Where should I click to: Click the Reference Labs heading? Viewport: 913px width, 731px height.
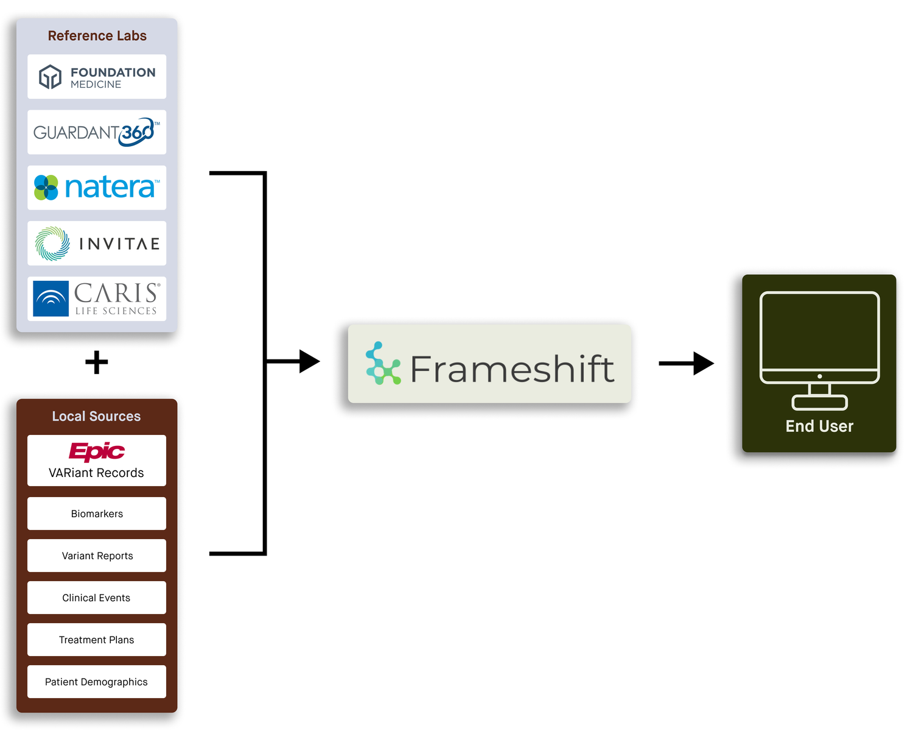(97, 36)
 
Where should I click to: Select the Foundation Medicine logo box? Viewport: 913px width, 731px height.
(97, 77)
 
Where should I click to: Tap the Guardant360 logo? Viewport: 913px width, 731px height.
(97, 132)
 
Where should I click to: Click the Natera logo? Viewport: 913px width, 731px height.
(97, 188)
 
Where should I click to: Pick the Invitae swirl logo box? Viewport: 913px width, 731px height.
(97, 244)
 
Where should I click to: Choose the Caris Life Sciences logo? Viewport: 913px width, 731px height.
(97, 298)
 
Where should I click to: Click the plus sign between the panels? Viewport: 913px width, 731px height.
(97, 362)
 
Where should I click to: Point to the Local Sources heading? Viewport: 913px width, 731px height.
(96, 416)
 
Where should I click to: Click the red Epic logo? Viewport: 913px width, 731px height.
(96, 451)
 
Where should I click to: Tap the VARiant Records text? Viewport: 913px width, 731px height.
(96, 473)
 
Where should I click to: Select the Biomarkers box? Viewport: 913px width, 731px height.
(97, 514)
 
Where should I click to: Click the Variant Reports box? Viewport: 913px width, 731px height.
(97, 556)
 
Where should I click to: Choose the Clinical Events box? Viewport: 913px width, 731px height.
(97, 598)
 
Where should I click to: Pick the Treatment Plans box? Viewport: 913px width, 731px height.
(97, 640)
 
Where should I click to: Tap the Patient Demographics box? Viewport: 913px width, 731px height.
(97, 682)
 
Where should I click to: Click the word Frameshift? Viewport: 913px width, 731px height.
(512, 369)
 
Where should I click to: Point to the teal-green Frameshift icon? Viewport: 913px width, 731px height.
(383, 364)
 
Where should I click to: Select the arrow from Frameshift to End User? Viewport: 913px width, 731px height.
(686, 364)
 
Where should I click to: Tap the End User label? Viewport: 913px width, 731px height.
(819, 426)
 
